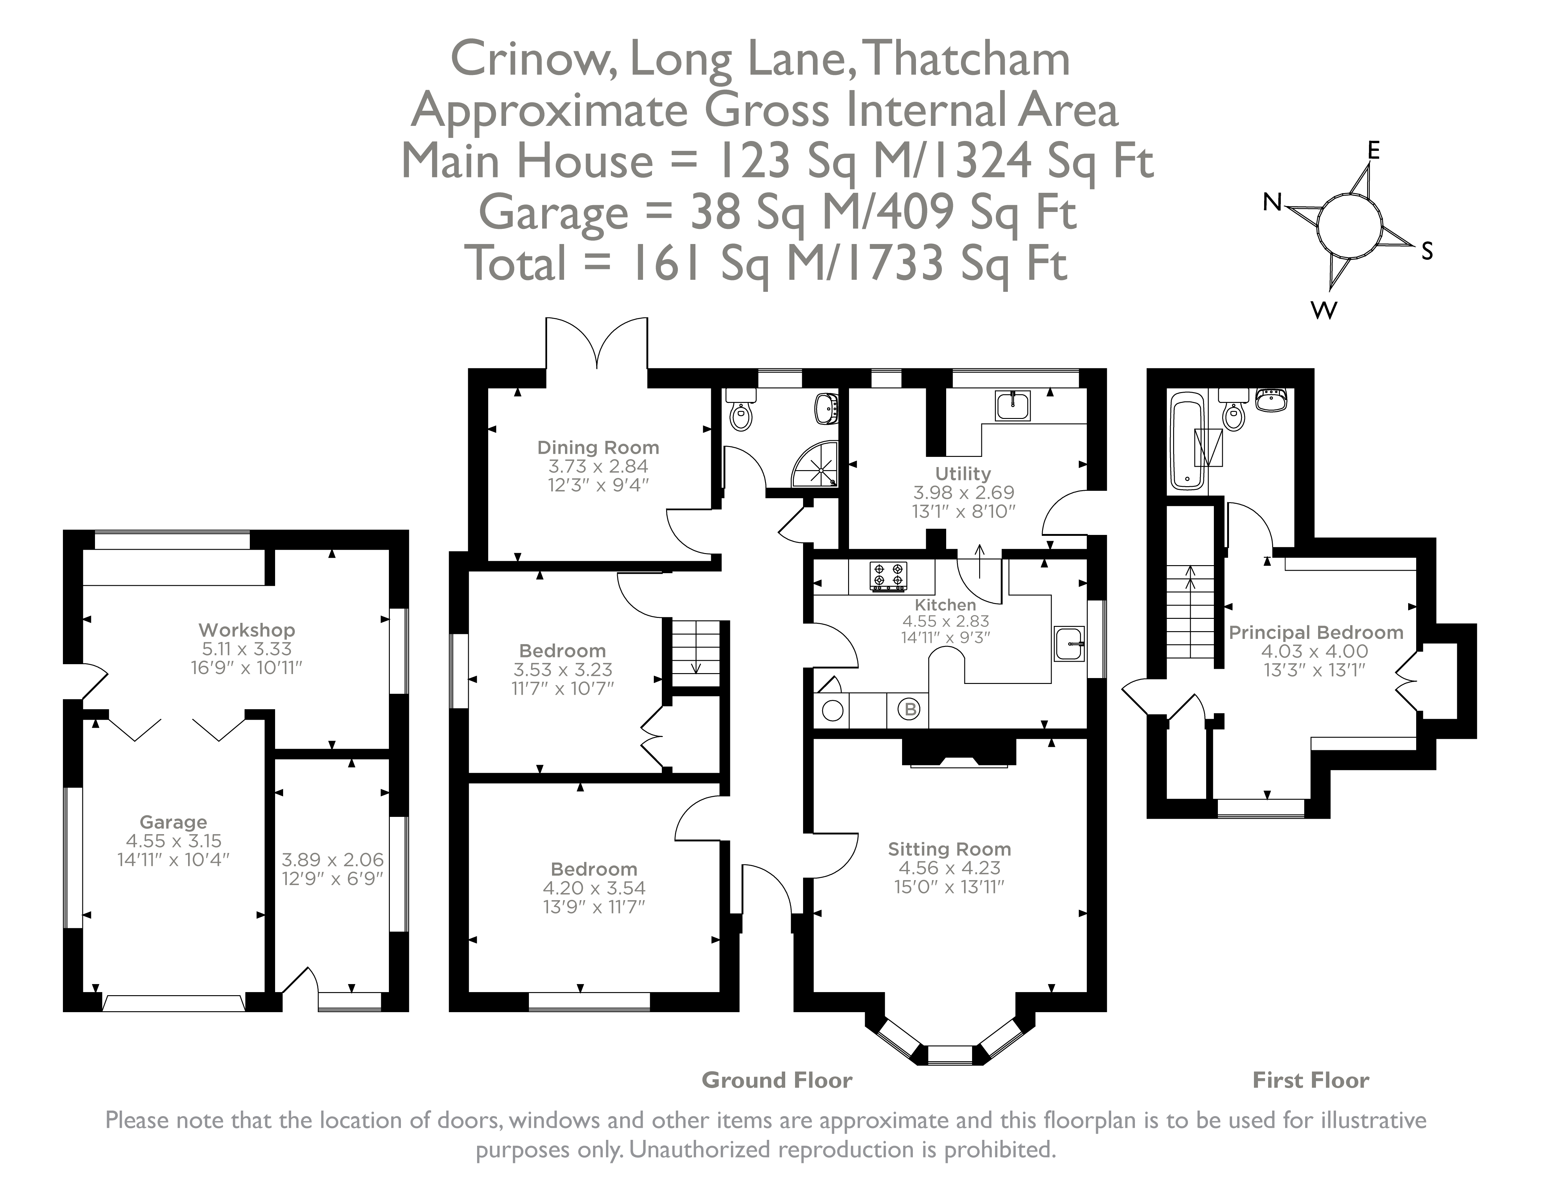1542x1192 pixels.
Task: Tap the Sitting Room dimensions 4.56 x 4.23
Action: [x=949, y=868]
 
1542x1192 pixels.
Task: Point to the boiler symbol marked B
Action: [x=910, y=709]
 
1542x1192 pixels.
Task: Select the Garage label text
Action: [x=173, y=822]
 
